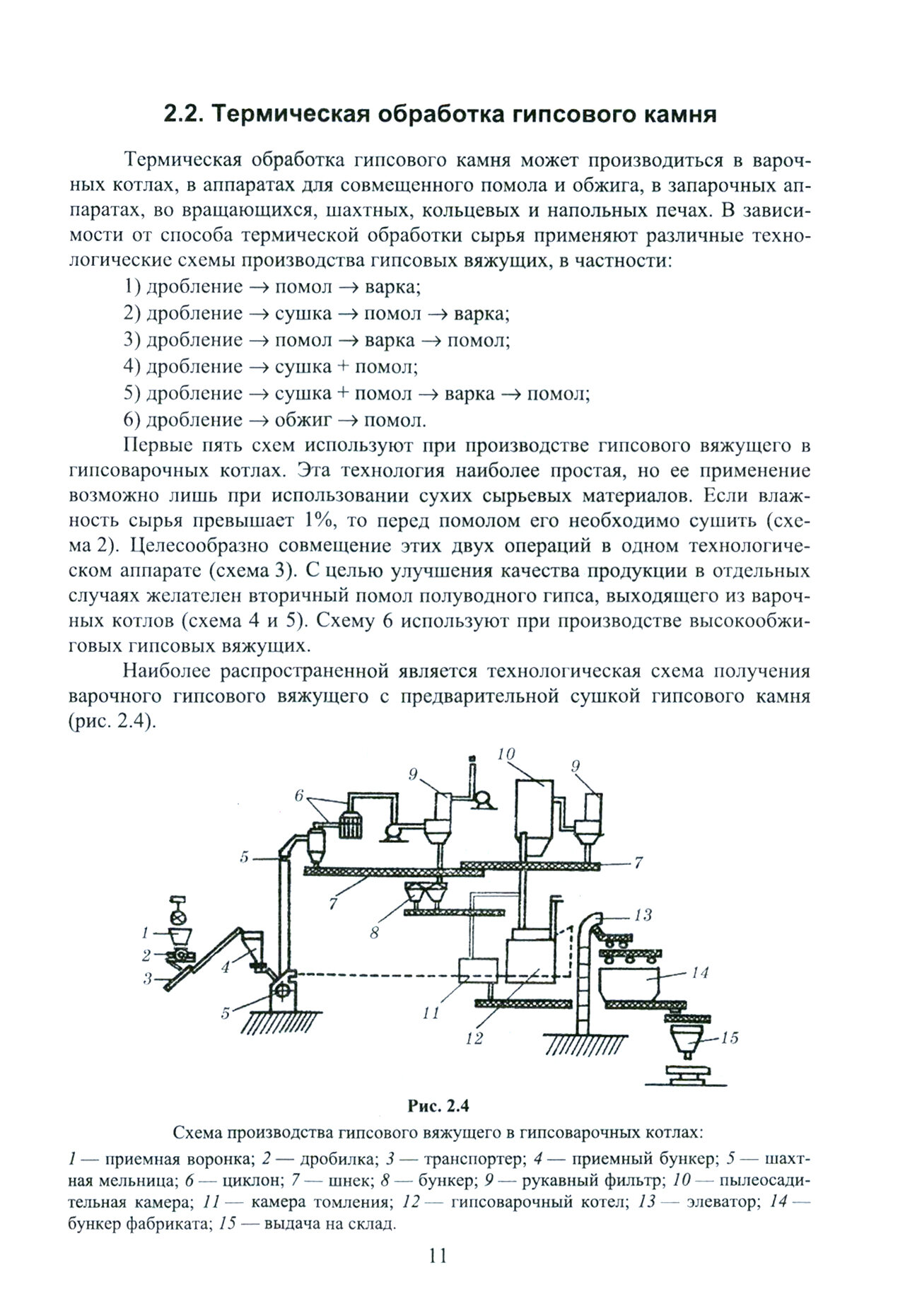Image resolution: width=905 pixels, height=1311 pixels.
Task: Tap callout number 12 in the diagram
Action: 474,1038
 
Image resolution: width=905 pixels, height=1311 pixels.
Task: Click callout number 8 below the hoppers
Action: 375,932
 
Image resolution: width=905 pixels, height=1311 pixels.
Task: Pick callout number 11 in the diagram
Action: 431,1013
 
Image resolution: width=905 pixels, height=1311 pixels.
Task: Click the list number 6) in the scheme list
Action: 133,421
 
